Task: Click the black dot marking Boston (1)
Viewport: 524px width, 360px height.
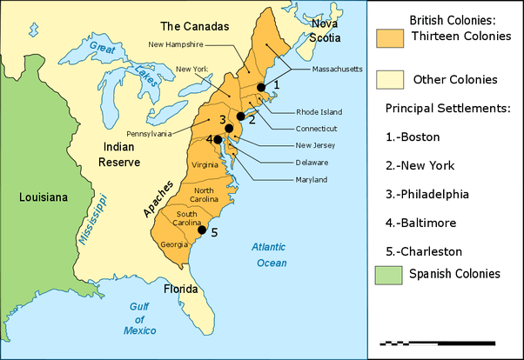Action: [260, 87]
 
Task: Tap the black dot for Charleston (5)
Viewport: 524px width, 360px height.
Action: [202, 231]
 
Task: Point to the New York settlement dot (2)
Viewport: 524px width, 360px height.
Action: [240, 116]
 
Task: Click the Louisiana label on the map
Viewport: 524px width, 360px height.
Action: [43, 198]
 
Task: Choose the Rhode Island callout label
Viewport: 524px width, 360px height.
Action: [318, 112]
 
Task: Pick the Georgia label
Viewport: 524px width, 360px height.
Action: [174, 244]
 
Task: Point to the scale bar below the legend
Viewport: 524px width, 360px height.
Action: [438, 344]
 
